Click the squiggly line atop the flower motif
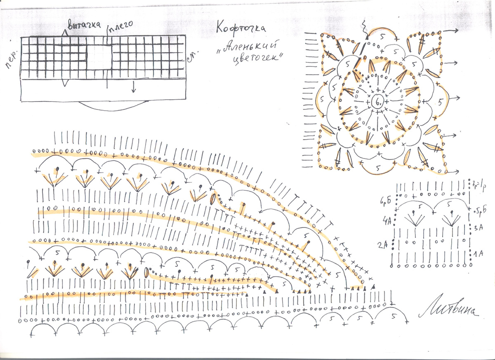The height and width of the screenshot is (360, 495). (x=365, y=28)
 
